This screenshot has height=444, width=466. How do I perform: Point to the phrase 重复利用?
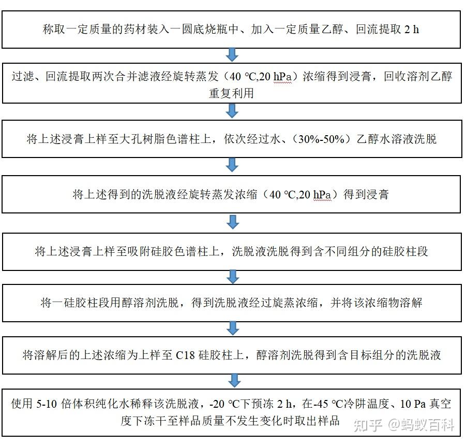coord(231,93)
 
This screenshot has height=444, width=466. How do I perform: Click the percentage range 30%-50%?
coord(321,139)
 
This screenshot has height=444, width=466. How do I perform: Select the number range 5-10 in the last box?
coord(47,404)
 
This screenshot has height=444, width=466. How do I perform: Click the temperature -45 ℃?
coord(328,404)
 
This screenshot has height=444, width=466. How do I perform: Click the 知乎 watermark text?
coord(367,425)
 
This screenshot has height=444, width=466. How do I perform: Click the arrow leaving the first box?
coord(232,54)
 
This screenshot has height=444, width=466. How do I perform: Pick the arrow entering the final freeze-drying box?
coord(234,381)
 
